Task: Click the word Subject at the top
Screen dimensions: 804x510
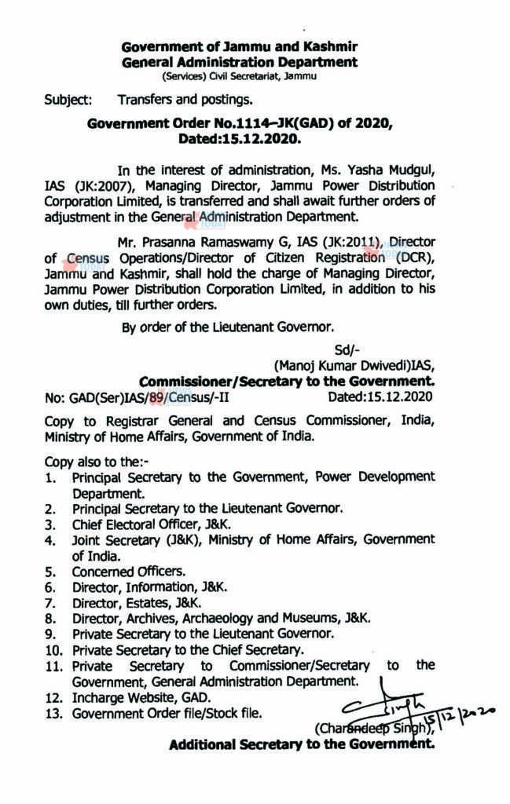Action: [68, 100]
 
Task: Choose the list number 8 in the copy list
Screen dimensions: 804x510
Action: [50, 618]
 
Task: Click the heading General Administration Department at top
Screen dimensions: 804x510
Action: [240, 62]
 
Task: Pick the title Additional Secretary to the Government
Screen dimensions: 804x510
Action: [302, 745]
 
